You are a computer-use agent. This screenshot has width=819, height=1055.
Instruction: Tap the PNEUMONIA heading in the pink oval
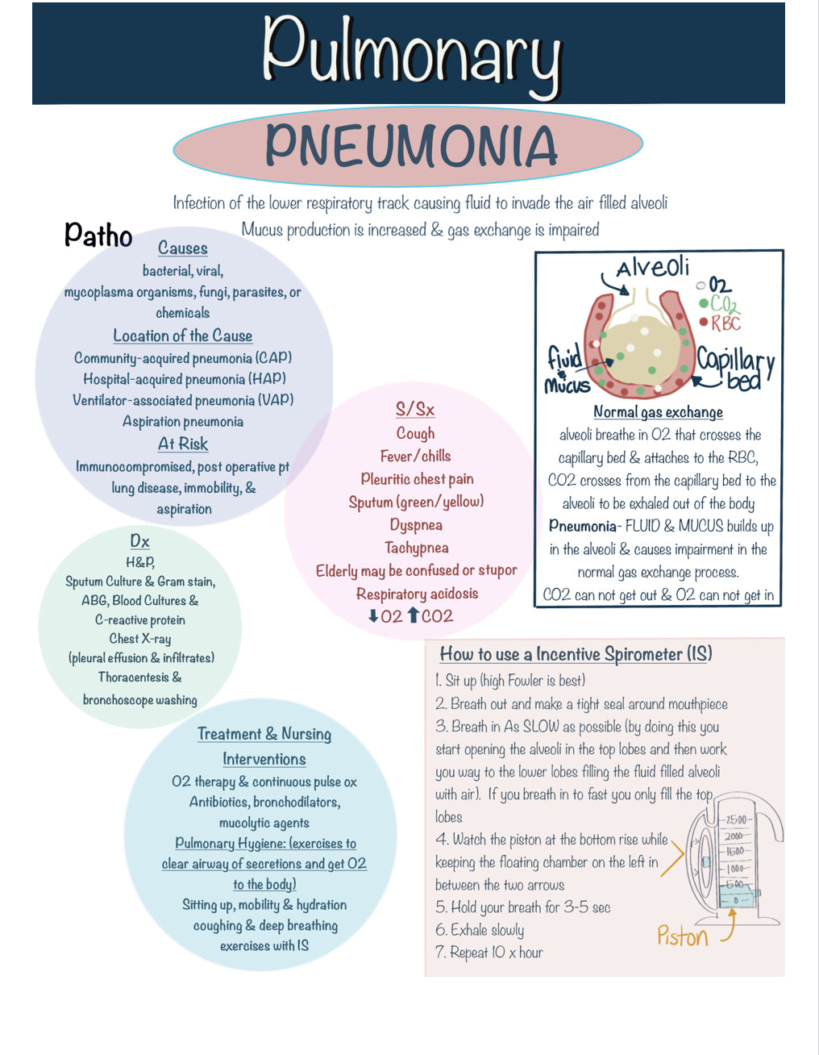coord(410,145)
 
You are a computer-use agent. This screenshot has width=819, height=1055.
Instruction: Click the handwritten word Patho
coord(98,235)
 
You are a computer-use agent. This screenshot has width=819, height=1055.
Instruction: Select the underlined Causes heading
coord(183,248)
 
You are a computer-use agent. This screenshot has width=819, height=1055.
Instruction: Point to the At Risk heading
coord(183,444)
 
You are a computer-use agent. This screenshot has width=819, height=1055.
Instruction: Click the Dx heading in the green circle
coord(139,541)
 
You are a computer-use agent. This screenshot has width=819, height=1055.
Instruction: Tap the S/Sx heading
coord(415,410)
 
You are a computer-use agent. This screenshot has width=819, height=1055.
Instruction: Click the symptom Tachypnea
coord(416,548)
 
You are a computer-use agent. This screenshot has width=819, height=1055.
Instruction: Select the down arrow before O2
coord(373,616)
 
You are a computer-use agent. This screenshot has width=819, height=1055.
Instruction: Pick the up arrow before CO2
coord(413,616)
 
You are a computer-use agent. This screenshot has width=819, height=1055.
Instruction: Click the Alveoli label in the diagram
coord(652,267)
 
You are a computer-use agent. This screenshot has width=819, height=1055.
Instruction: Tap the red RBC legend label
coord(725,323)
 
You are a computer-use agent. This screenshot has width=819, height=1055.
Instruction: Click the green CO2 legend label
coord(724,304)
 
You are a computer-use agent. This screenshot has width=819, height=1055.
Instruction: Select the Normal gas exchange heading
coord(658,412)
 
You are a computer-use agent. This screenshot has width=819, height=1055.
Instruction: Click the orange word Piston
coord(682,936)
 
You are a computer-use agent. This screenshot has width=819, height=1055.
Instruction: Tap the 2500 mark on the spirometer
coord(736,820)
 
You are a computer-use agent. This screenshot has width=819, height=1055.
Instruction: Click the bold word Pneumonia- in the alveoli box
coord(583,527)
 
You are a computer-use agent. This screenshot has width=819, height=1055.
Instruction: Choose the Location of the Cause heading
coord(183,336)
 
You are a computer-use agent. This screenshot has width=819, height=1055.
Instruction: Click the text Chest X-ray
coord(140,639)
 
